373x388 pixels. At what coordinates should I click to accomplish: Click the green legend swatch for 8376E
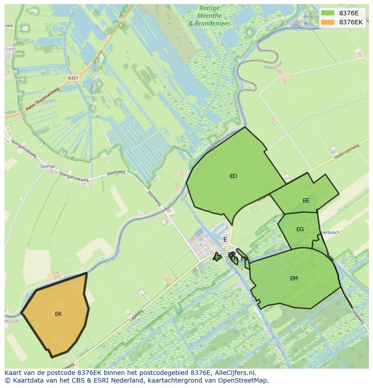[x=328, y=13]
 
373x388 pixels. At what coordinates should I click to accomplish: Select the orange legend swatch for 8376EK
[x=328, y=22]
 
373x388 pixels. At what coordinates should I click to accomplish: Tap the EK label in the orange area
[x=59, y=314]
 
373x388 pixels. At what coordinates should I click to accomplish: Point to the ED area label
[x=233, y=176]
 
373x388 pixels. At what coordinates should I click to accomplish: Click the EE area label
[x=306, y=201]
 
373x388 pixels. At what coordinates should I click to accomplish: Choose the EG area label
[x=300, y=229]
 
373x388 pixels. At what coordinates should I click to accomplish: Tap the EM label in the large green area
[x=294, y=278]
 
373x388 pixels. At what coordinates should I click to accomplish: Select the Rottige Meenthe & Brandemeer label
[x=209, y=16]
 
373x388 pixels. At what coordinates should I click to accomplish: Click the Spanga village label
[x=47, y=166]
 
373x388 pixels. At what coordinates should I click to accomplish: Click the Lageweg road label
[x=136, y=315]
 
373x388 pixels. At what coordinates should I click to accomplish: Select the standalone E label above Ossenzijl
[x=225, y=240]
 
